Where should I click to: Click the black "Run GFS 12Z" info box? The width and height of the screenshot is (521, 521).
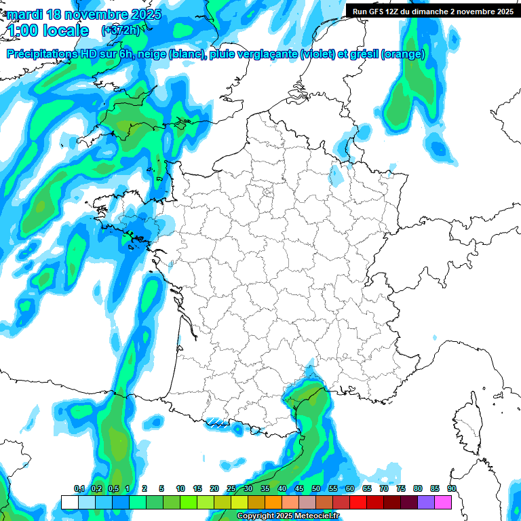tap(432, 12)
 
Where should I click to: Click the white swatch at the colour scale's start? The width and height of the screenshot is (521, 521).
tap(69, 502)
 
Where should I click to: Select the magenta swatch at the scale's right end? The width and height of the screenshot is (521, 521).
tap(443, 502)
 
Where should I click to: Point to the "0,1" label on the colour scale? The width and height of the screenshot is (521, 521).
tap(79, 489)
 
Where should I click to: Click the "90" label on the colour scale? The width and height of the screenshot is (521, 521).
tap(451, 489)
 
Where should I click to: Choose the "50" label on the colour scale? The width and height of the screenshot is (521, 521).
tap(315, 489)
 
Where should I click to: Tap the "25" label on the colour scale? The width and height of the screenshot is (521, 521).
tap(231, 489)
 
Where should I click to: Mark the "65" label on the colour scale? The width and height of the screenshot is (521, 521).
tap(366, 489)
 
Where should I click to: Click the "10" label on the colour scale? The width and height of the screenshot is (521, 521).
tap(180, 489)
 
